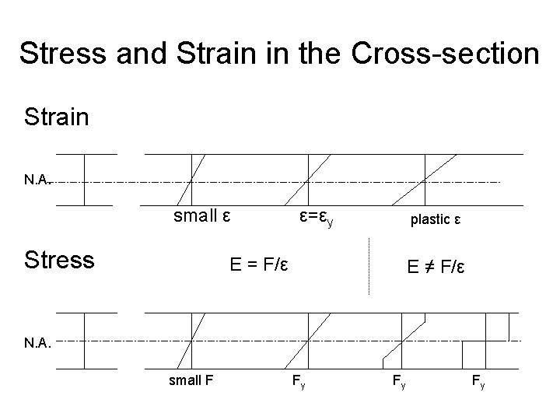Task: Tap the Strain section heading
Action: point(56,117)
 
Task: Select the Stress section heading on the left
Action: point(59,260)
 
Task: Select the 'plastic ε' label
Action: point(436,219)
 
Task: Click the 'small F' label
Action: point(191,380)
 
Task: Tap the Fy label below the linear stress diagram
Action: point(298,383)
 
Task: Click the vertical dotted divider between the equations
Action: point(368,266)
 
